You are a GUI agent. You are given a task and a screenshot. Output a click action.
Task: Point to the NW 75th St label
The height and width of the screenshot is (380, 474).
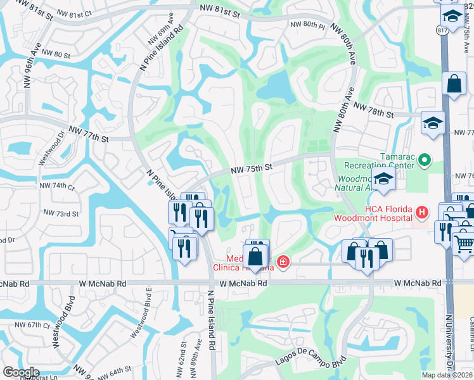[251, 168]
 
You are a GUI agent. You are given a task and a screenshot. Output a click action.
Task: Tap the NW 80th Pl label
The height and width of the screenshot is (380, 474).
[307, 25]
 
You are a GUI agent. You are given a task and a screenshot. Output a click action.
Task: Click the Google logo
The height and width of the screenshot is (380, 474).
[20, 372]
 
